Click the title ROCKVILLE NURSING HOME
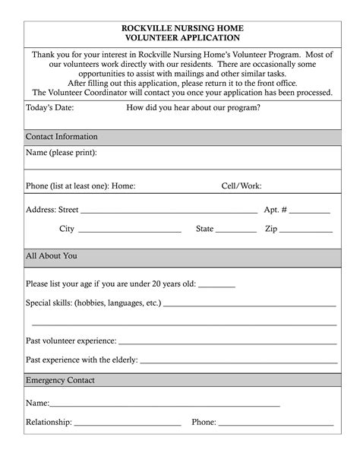click(x=182, y=28)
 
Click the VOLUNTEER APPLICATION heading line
click(x=182, y=37)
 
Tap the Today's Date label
click(x=49, y=107)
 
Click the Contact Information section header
click(x=62, y=137)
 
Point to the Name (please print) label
click(x=62, y=153)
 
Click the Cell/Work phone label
click(x=241, y=185)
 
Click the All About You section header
click(x=51, y=256)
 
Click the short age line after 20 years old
click(x=216, y=287)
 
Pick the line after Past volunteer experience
click(x=227, y=344)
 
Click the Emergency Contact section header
click(x=60, y=380)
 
